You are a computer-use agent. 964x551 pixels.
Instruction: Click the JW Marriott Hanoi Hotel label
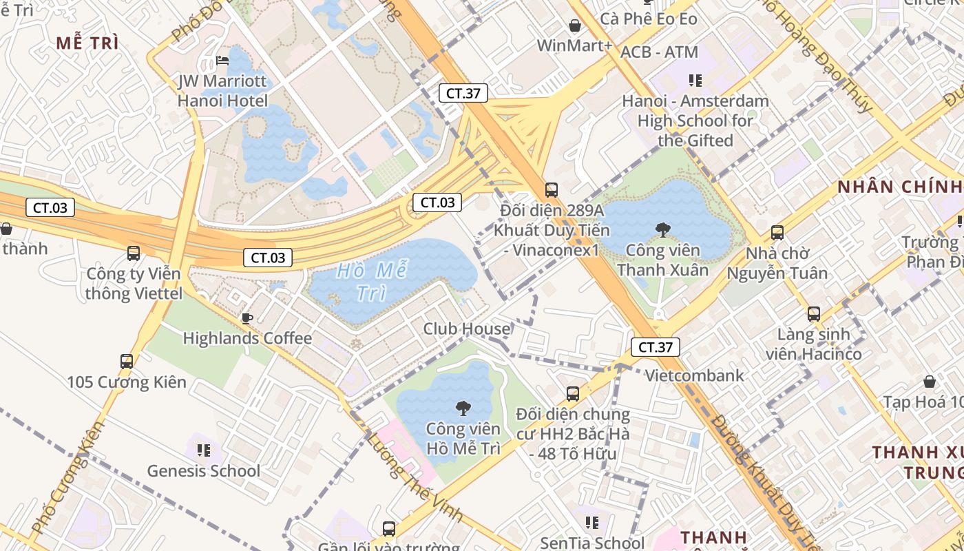pyautogui.click(x=222, y=91)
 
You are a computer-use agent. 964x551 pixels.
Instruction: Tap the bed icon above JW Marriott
pyautogui.click(x=222, y=61)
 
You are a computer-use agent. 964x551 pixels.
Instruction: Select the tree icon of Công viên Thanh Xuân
pyautogui.click(x=663, y=229)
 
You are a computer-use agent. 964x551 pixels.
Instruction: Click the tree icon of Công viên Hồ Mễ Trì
pyautogui.click(x=463, y=408)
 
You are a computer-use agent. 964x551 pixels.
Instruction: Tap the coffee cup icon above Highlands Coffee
pyautogui.click(x=247, y=318)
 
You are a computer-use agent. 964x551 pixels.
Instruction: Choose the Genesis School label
pyautogui.click(x=204, y=471)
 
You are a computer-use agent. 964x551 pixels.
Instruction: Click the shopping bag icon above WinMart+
pyautogui.click(x=575, y=26)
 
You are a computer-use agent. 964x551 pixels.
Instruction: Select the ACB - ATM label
pyautogui.click(x=659, y=52)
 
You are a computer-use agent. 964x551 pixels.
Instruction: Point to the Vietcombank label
pyautogui.click(x=694, y=375)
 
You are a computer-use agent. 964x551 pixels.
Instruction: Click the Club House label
pyautogui.click(x=467, y=329)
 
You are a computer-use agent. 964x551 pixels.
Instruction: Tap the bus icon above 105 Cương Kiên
pyautogui.click(x=127, y=361)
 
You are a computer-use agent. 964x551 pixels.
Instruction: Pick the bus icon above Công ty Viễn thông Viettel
pyautogui.click(x=134, y=253)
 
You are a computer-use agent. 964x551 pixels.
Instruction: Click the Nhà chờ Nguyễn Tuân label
pyautogui.click(x=777, y=263)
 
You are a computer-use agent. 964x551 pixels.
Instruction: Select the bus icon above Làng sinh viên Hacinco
pyautogui.click(x=814, y=314)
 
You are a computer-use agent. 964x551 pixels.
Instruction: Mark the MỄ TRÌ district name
pyautogui.click(x=87, y=43)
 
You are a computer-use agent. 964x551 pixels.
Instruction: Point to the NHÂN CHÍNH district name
pyautogui.click(x=899, y=187)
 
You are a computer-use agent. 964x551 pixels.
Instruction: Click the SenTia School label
pyautogui.click(x=592, y=543)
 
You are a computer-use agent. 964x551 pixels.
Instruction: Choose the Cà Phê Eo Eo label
pyautogui.click(x=649, y=19)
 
